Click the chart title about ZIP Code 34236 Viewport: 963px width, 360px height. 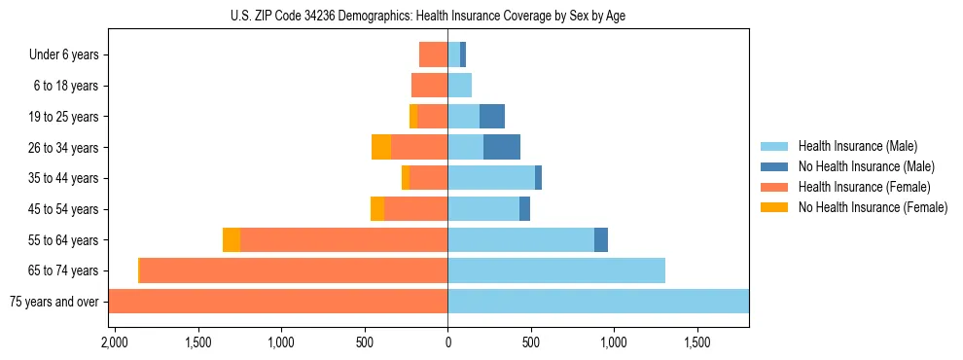pos(429,16)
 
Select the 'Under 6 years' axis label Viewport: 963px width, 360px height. pos(64,54)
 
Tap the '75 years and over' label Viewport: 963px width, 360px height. pos(54,302)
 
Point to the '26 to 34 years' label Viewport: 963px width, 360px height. pos(64,148)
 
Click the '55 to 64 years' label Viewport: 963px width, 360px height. pos(64,240)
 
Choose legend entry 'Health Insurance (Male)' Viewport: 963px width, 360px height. pos(857,146)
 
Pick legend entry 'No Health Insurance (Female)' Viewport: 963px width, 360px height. pos(873,207)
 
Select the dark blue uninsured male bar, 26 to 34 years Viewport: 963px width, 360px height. pos(502,147)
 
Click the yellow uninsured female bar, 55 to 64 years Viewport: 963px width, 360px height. pos(232,240)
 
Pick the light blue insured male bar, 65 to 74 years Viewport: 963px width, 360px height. pos(556,270)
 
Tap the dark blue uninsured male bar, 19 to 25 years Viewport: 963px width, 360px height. pos(492,117)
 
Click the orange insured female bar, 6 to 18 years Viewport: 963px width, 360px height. pos(429,86)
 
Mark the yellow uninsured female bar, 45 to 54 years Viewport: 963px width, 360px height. pos(377,209)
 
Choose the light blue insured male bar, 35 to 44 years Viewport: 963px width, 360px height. pos(491,178)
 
